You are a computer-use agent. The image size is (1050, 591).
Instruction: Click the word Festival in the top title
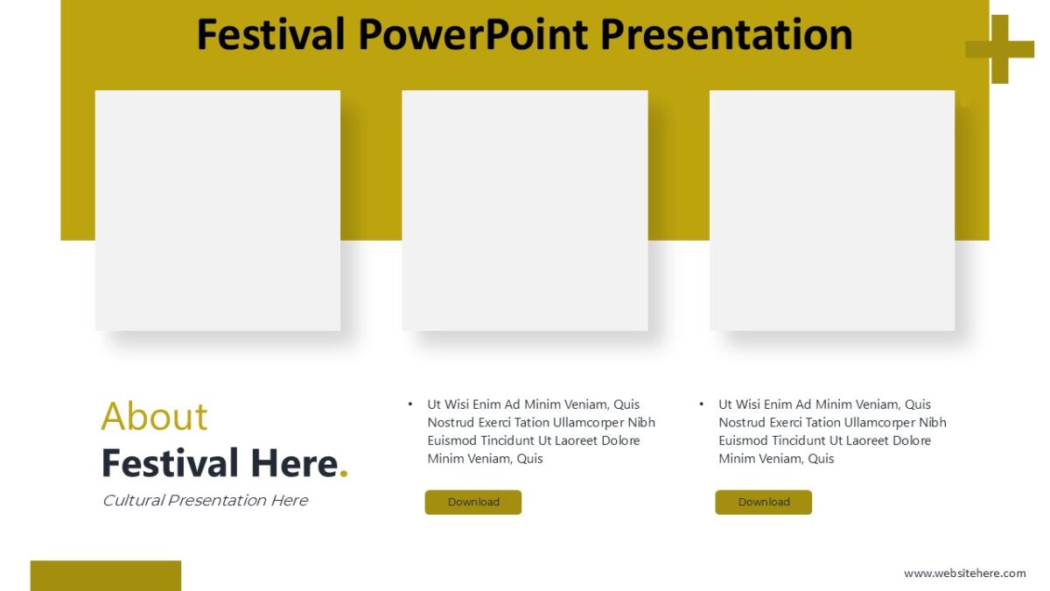tap(270, 35)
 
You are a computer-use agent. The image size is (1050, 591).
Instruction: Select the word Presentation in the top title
tap(728, 35)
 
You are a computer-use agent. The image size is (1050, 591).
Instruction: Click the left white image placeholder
tap(217, 210)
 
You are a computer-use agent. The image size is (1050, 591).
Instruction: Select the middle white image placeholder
tap(525, 210)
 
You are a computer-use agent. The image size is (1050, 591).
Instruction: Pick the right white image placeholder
tap(831, 210)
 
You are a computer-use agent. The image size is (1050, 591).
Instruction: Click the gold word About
tap(154, 417)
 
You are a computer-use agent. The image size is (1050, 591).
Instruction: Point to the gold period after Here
tap(344, 474)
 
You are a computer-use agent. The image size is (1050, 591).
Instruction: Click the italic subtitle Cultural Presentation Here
tap(205, 501)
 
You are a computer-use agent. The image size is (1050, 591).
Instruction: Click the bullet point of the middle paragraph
tap(410, 405)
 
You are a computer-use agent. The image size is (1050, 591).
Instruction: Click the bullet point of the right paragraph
tap(702, 405)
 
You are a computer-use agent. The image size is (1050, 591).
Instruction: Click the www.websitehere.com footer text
tap(964, 573)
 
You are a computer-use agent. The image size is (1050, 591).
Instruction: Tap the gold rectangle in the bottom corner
tap(105, 575)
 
